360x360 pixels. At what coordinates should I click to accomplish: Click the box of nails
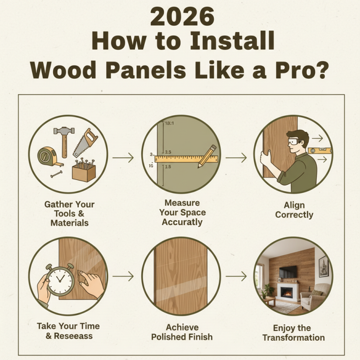84,171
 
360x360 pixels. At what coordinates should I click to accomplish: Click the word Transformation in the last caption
294,337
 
